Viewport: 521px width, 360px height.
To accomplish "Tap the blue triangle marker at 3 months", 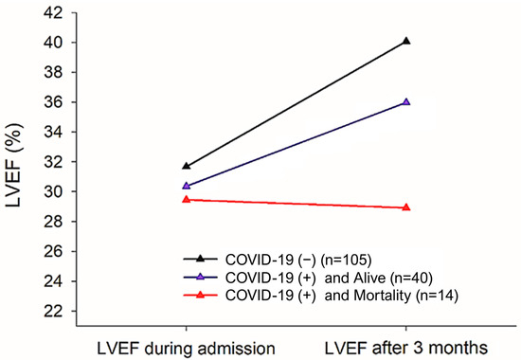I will (406, 101).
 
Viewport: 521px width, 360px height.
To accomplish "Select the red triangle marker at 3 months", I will (406, 207).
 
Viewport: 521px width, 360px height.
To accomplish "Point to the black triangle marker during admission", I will (186, 166).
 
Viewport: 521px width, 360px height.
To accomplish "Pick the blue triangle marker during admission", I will (186, 186).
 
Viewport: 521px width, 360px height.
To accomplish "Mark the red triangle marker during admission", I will (186, 199).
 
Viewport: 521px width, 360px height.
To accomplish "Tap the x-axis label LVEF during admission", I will (186, 347).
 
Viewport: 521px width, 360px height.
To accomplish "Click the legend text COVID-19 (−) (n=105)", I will (293, 258).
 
